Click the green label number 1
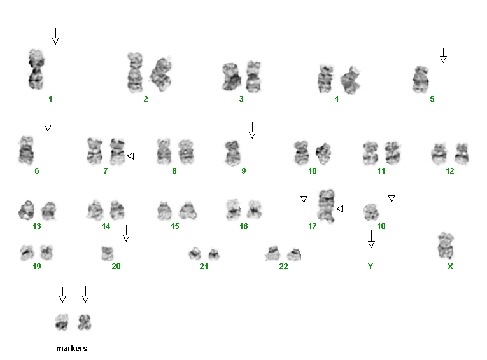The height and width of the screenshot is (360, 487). [50, 99]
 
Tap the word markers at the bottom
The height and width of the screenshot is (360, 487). [72, 348]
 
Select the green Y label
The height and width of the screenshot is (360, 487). [371, 266]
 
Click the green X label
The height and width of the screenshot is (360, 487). [450, 266]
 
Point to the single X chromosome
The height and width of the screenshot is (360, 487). [446, 245]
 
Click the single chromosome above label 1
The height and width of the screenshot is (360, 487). [36, 69]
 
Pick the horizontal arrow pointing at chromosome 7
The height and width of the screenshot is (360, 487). [134, 156]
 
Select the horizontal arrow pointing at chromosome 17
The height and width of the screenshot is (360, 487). [345, 209]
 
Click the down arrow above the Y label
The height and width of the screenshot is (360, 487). [371, 239]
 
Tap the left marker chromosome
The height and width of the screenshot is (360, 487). [62, 322]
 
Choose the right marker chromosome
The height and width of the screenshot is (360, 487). [85, 322]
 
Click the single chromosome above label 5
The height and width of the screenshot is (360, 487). [421, 80]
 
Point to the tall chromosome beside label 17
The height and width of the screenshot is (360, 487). [327, 205]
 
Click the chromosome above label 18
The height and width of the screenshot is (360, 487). [372, 212]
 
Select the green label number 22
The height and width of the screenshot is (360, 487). [283, 266]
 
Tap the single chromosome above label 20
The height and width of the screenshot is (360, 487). [108, 254]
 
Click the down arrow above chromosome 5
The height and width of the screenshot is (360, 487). [443, 55]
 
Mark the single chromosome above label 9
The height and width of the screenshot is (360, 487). [232, 153]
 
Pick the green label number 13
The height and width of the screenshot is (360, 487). [37, 226]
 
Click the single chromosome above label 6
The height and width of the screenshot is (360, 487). [26, 150]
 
